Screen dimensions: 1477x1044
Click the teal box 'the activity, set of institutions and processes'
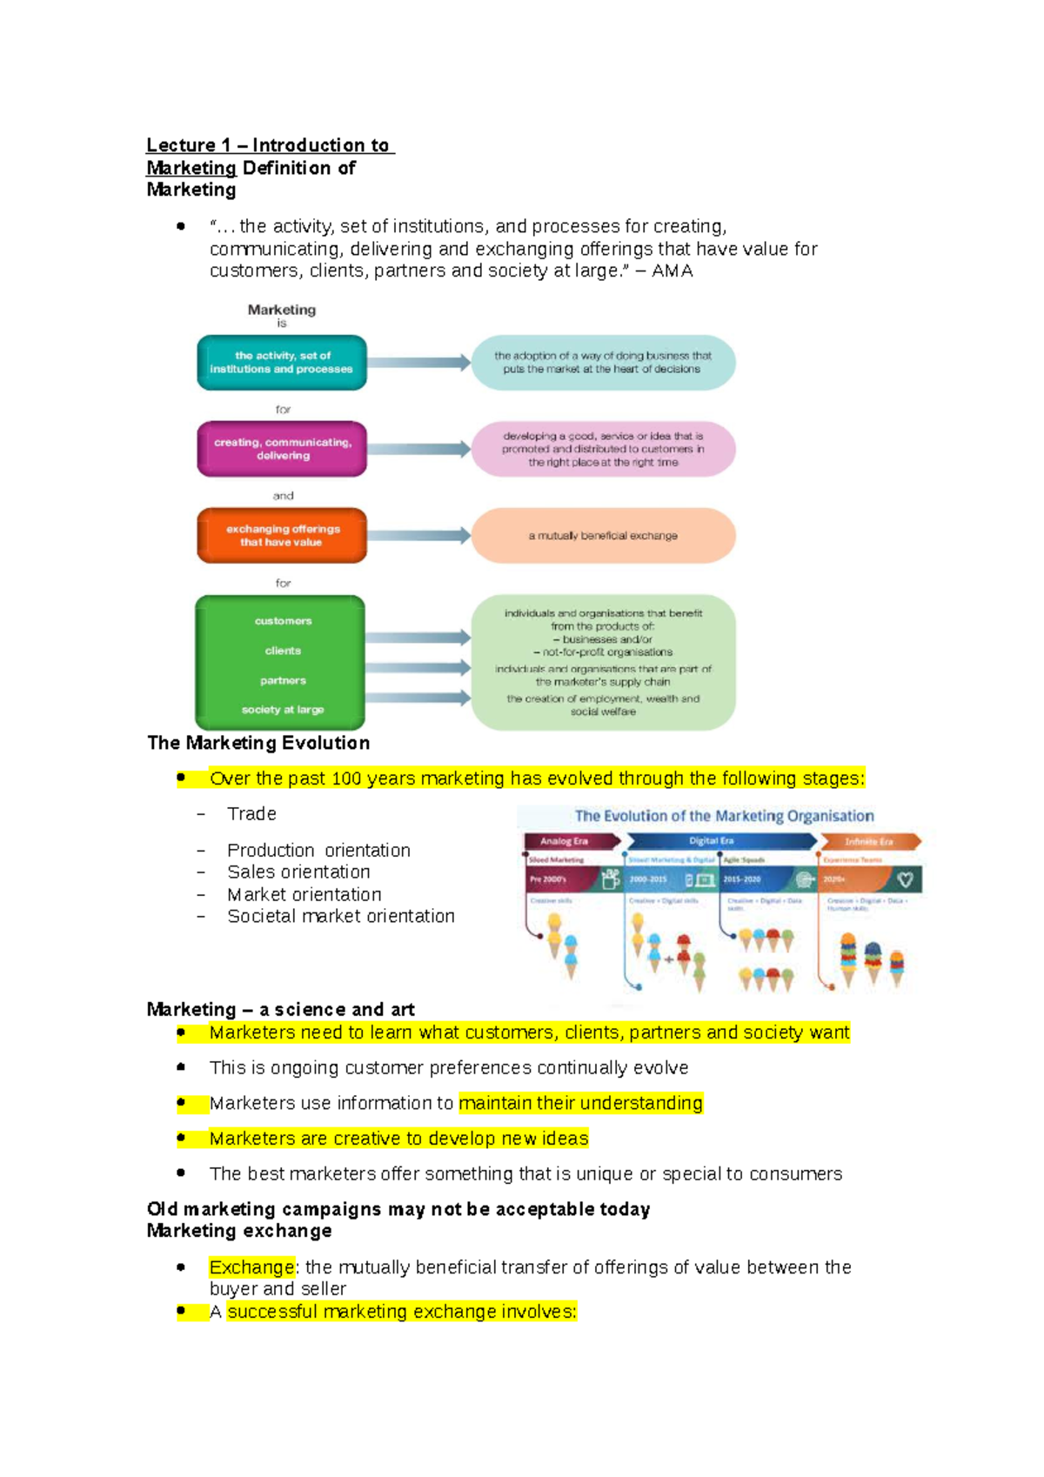point(281,363)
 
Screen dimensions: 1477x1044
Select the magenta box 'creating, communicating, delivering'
point(282,449)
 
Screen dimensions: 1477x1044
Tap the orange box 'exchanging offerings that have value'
point(282,536)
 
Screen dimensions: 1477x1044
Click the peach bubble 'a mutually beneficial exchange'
point(603,536)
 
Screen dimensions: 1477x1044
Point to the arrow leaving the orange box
point(418,536)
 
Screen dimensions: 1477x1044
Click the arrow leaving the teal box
point(418,363)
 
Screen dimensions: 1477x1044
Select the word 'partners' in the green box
point(283,680)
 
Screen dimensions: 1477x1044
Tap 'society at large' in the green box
point(283,710)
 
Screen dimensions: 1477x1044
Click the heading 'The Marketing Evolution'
point(258,743)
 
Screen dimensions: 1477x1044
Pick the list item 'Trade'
point(251,814)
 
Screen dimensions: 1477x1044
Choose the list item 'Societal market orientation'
point(340,916)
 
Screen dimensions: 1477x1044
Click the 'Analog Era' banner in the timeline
point(565,841)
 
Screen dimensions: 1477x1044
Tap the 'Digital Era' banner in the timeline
point(712,841)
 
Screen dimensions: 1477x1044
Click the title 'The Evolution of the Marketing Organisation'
point(724,816)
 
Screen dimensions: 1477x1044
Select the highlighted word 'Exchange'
point(251,1267)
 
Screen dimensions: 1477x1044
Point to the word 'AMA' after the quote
point(673,271)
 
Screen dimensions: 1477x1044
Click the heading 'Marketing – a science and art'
point(280,1010)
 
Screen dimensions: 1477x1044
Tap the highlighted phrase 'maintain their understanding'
point(580,1103)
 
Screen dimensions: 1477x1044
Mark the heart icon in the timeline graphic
point(905,879)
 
